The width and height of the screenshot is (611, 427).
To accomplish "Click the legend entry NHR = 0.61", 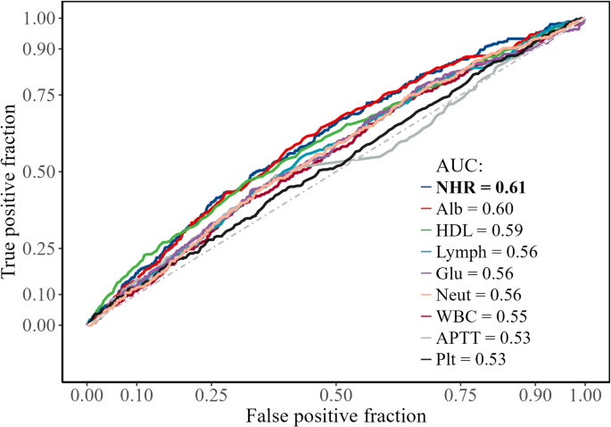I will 480,188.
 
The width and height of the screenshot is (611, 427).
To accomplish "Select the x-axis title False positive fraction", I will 335,415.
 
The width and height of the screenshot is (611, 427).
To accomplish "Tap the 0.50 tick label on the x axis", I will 335,395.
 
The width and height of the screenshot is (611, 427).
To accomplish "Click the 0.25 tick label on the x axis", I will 211,395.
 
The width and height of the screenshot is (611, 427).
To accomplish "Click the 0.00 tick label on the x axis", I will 87,395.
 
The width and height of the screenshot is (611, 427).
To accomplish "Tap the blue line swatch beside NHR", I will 426,188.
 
